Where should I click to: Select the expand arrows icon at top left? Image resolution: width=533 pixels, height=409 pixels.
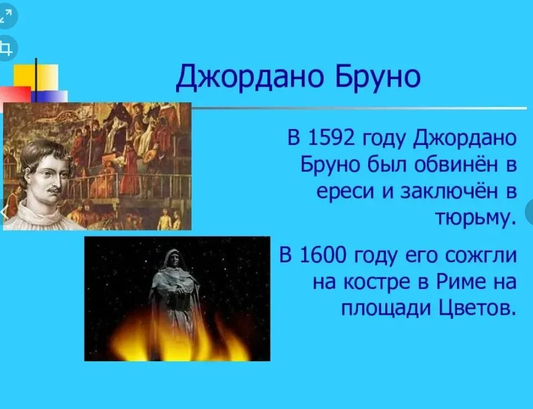pos(6,16)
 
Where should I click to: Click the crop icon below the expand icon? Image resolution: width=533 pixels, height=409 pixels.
pos(6,49)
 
